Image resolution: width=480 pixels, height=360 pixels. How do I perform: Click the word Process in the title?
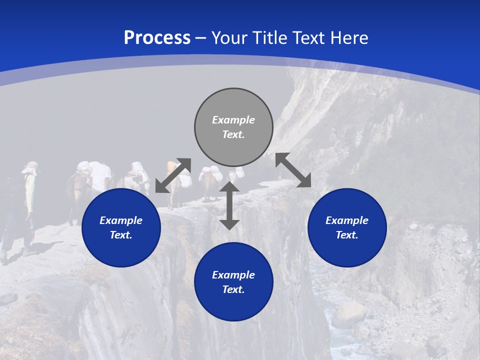157,38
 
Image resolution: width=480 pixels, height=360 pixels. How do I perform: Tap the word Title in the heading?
272,38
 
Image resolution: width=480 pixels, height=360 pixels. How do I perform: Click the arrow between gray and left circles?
173,175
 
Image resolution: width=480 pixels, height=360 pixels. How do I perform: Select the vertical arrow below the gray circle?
229,205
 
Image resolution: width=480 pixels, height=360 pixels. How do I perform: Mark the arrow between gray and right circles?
293,170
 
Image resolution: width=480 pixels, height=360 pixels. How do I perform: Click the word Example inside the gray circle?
233,120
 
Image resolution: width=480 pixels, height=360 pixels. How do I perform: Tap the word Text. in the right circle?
347,235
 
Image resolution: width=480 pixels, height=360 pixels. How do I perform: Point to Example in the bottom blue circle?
233,275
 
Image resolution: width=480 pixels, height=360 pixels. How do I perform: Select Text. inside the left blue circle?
121,235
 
